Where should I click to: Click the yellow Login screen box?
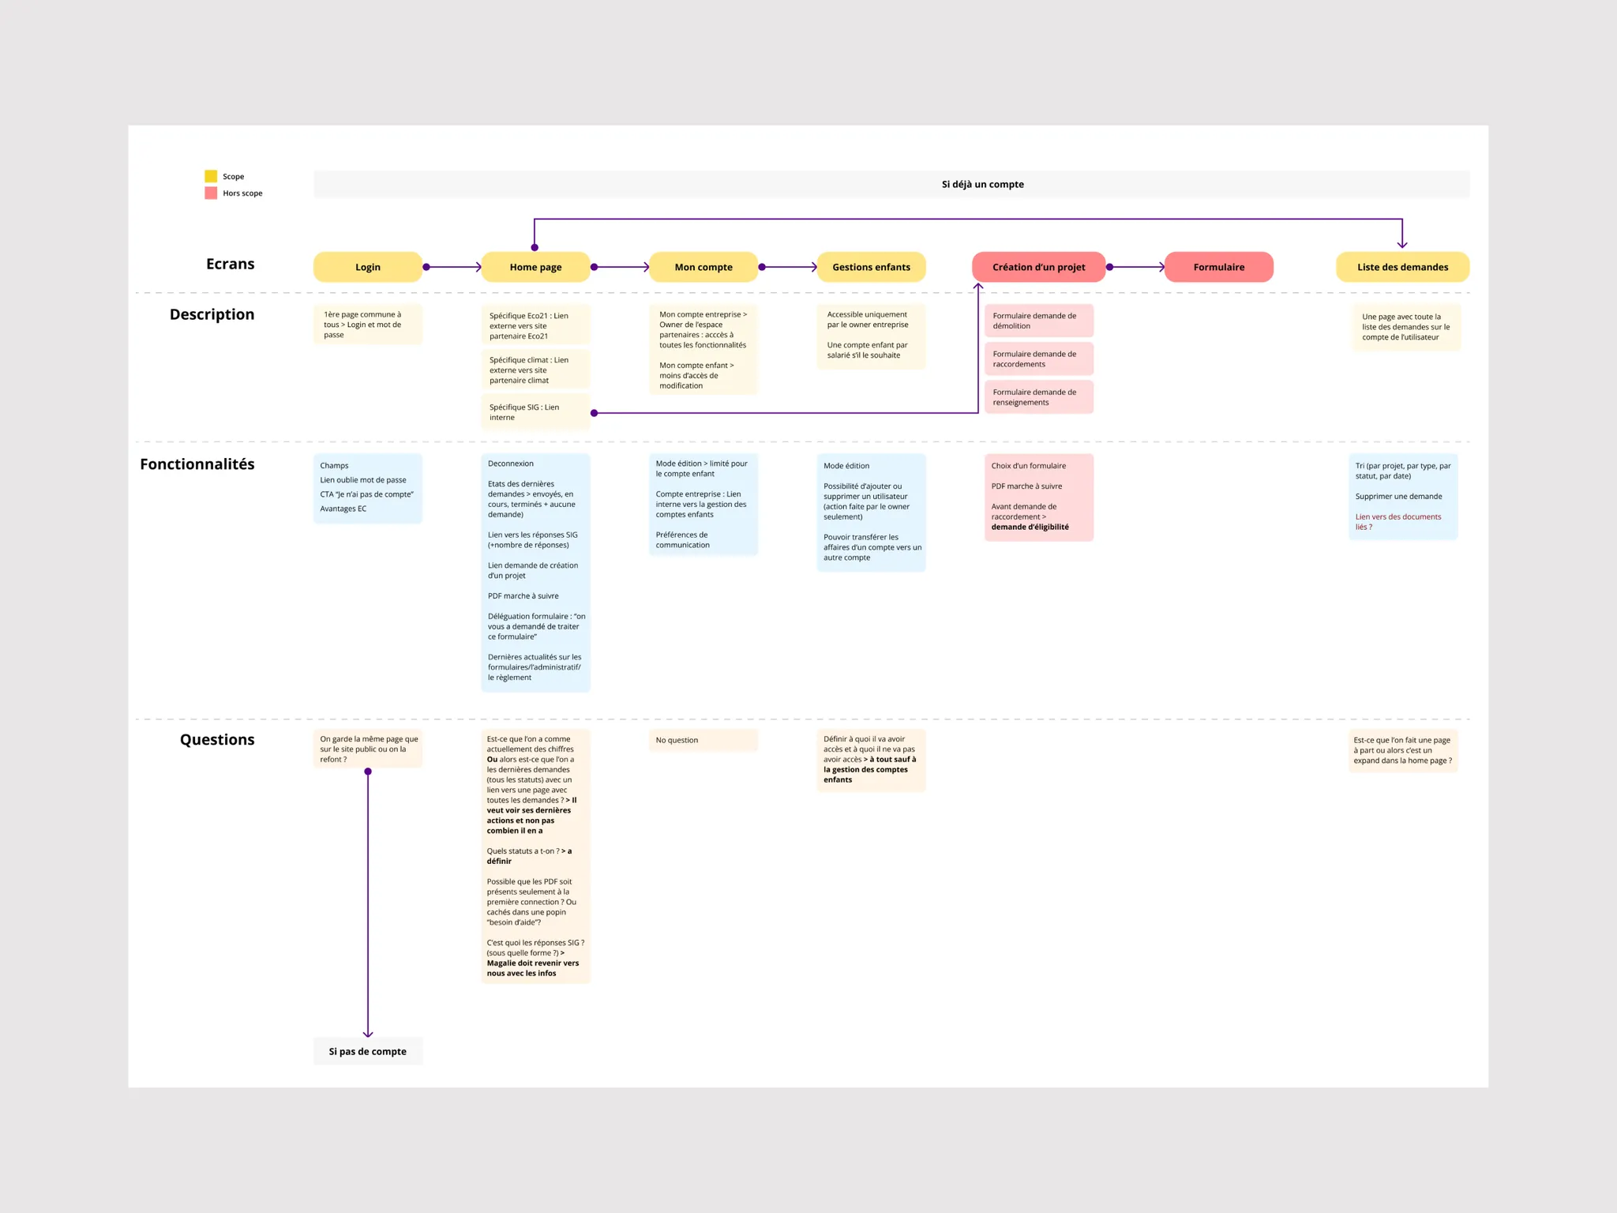point(367,267)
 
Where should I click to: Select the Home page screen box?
point(535,267)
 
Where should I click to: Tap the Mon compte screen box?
point(703,267)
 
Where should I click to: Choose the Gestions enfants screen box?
point(871,267)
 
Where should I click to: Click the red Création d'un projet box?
point(1038,267)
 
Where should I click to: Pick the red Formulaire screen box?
point(1218,267)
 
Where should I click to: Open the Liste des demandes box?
point(1402,267)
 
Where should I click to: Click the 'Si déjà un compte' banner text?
point(982,184)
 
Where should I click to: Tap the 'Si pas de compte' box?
point(368,1051)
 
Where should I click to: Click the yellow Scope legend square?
point(211,176)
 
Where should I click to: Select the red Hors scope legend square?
point(211,193)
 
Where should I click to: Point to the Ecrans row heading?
point(231,264)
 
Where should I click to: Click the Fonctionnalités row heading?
point(197,464)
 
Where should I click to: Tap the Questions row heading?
point(217,739)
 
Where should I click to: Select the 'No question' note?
point(703,740)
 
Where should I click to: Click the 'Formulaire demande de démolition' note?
point(1039,321)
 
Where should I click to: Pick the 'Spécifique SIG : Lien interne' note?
point(535,412)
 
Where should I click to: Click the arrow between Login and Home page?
point(454,267)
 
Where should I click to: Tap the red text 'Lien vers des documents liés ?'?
point(1398,522)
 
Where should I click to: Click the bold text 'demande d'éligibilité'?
point(1030,527)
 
